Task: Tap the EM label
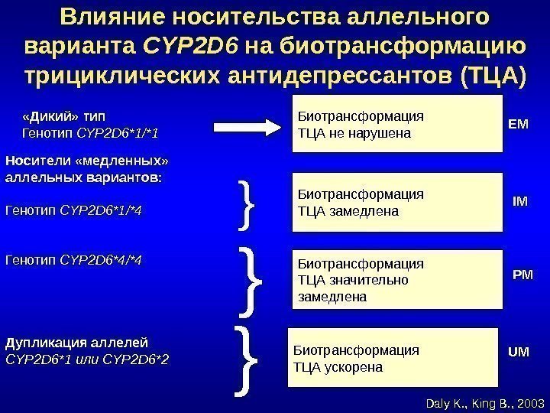518,122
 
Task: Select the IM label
519,201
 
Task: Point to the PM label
522,273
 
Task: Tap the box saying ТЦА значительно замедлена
397,278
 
